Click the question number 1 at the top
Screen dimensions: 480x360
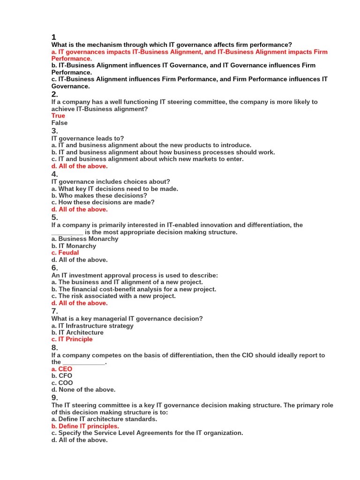tap(54, 37)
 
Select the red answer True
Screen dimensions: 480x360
tap(59, 116)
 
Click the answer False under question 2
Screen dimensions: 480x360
tap(60, 123)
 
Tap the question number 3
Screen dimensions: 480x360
tap(54, 131)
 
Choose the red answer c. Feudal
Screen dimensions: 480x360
tap(65, 253)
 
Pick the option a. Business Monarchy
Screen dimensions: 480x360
tap(85, 239)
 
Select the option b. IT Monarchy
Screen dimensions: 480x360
tap(74, 246)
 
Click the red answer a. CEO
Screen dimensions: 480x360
tap(62, 369)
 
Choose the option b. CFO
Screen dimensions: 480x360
tap(62, 376)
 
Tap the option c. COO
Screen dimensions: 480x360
tap(62, 383)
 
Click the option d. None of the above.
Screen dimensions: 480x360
tap(83, 390)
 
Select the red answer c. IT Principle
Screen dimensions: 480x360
tap(72, 339)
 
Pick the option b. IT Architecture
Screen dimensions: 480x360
tap(77, 332)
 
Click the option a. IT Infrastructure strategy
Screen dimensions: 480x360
tap(92, 326)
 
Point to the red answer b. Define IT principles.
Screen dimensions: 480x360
tap(85, 426)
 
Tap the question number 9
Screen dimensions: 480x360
tap(54, 398)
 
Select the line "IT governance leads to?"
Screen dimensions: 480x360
tap(88, 138)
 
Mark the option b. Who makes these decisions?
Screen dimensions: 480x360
tap(99, 195)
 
